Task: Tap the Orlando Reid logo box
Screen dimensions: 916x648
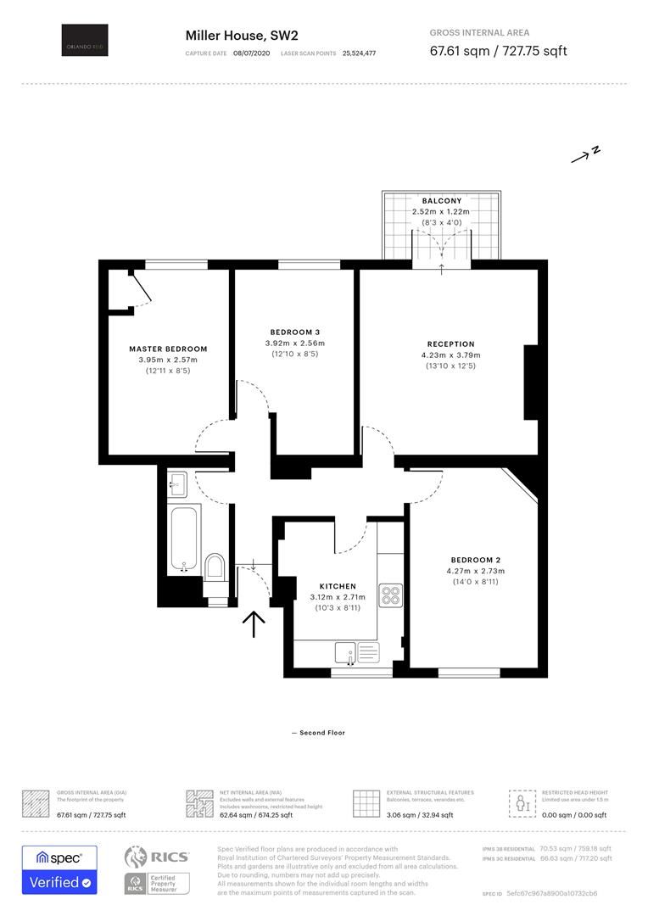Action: coord(85,41)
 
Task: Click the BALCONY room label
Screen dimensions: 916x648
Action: coord(441,201)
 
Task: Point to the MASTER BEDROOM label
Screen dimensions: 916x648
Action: coord(168,349)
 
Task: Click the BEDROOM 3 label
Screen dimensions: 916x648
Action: coord(294,332)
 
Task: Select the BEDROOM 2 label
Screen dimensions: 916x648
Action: coord(475,560)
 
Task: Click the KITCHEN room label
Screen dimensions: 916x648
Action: coord(338,586)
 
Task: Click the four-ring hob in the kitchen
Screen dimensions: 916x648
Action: coord(390,595)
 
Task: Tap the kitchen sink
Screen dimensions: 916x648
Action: coord(344,652)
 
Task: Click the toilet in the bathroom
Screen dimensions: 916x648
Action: coord(215,567)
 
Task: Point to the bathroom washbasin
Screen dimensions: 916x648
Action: coord(178,484)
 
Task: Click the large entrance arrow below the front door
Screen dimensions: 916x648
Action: coord(254,624)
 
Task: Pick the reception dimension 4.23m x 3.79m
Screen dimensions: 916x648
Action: coord(450,355)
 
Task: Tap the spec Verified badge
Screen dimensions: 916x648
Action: coord(59,870)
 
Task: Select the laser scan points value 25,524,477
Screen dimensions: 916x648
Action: coord(359,53)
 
